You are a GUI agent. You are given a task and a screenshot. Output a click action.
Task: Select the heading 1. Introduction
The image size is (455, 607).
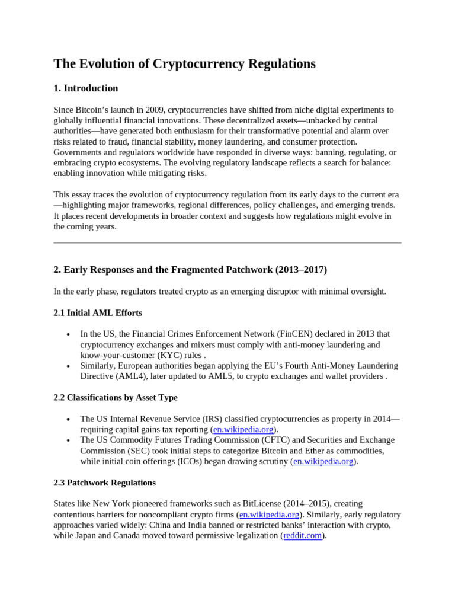pyautogui.click(x=86, y=88)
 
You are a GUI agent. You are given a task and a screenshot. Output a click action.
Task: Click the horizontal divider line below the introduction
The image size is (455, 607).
pyautogui.click(x=227, y=242)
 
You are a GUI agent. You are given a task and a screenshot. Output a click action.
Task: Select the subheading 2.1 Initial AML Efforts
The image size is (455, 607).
pyautogui.click(x=98, y=312)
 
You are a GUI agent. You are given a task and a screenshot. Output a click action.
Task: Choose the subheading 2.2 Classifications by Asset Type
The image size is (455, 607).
pyautogui.click(x=116, y=398)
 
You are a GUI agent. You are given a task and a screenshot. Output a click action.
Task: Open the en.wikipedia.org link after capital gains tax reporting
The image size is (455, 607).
pyautogui.click(x=243, y=430)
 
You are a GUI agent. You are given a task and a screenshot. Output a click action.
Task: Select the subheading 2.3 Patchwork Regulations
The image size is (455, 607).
pyautogui.click(x=105, y=483)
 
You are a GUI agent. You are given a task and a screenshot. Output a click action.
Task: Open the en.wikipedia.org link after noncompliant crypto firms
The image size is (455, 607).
pyautogui.click(x=270, y=514)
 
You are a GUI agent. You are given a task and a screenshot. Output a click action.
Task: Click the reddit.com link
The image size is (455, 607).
pyautogui.click(x=302, y=535)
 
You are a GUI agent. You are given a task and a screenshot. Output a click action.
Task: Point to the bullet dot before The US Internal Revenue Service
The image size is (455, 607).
pyautogui.click(x=70, y=419)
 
